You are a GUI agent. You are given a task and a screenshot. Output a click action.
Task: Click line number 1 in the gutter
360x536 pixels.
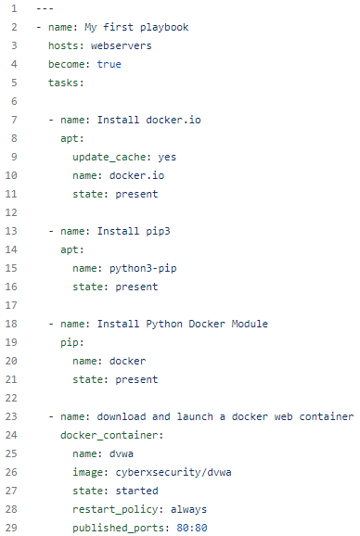pyautogui.click(x=15, y=8)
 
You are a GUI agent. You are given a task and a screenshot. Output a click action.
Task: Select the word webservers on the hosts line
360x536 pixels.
pyautogui.click(x=122, y=45)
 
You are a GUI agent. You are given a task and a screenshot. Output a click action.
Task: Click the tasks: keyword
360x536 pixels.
pyautogui.click(x=67, y=83)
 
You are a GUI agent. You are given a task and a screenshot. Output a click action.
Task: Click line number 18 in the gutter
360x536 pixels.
pyautogui.click(x=12, y=323)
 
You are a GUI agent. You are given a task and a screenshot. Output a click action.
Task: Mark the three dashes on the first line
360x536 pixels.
pyautogui.click(x=43, y=8)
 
